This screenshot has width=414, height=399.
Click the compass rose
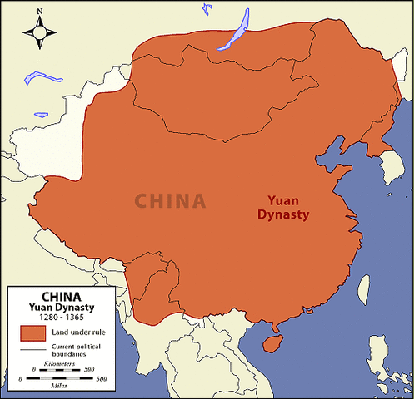click(x=40, y=32)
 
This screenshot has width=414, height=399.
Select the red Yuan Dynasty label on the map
click(x=288, y=207)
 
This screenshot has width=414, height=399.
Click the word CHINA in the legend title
click(x=62, y=295)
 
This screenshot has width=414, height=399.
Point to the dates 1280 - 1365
click(x=61, y=318)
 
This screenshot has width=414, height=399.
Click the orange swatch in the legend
click(x=32, y=333)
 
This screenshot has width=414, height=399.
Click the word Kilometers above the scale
click(x=60, y=363)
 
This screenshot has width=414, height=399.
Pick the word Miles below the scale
click(x=60, y=385)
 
